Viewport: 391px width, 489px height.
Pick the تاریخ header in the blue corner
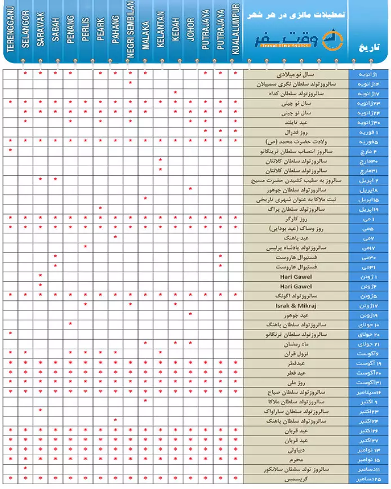(x=370, y=48)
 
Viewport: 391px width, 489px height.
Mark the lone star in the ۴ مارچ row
(x=11, y=150)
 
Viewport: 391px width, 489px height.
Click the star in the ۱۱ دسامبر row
(x=26, y=469)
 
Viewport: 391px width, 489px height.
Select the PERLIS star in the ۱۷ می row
(x=86, y=247)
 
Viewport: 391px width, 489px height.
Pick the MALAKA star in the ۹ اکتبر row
(x=145, y=401)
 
